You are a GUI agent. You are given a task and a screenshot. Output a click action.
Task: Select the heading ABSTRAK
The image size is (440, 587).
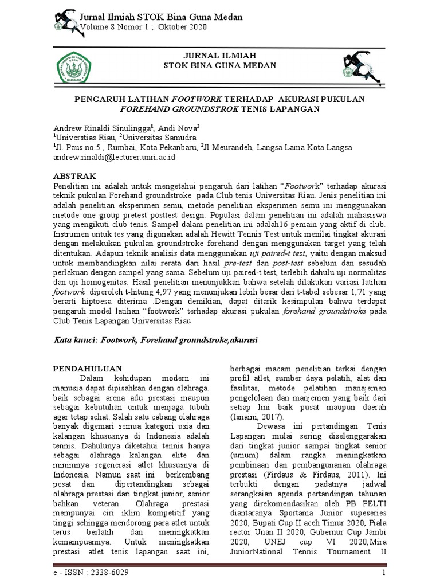[75, 175]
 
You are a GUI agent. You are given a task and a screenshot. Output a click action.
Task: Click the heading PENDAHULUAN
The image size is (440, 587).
[87, 368]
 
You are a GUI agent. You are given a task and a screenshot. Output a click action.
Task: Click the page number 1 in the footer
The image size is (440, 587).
[385, 573]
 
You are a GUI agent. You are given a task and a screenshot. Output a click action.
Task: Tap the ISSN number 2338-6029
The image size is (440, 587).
[107, 573]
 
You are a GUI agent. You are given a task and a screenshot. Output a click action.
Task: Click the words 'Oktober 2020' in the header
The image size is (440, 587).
[182, 28]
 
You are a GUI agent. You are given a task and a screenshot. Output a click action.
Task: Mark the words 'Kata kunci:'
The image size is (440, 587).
[75, 340]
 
